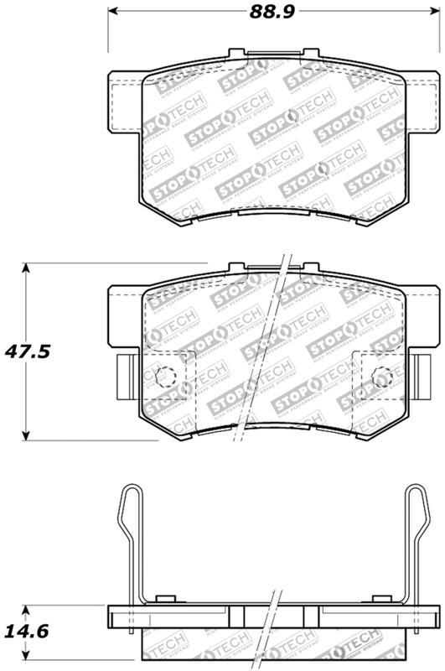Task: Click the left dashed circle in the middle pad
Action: pyautogui.click(x=164, y=377)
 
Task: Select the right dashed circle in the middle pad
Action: pyautogui.click(x=381, y=377)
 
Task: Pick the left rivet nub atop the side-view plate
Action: pyautogui.click(x=164, y=599)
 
